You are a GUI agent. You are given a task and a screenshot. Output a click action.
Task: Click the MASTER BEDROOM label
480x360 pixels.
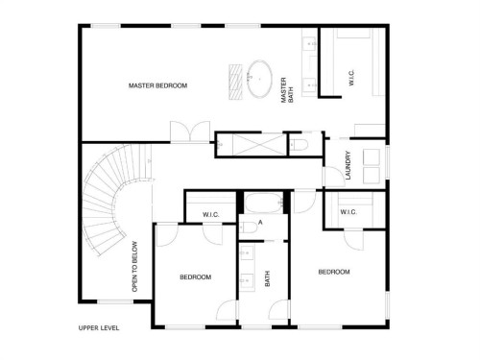(158, 86)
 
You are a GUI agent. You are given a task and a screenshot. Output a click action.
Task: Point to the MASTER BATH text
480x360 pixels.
(284, 92)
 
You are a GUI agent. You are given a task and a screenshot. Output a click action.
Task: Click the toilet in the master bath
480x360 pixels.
(299, 144)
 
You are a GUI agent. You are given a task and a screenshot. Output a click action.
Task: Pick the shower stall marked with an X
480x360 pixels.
(252, 144)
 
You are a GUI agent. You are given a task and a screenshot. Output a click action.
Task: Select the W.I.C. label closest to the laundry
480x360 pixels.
(348, 212)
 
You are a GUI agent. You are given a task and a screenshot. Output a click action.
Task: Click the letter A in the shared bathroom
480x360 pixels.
(247, 224)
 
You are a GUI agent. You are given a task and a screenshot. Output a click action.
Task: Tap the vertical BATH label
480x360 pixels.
(268, 277)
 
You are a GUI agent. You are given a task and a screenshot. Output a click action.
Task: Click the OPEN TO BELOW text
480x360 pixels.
(135, 265)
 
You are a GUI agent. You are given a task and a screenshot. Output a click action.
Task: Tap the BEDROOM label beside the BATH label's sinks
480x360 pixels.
(195, 277)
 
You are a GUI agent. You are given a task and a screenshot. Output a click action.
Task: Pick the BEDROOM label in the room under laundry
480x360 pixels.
(334, 273)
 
